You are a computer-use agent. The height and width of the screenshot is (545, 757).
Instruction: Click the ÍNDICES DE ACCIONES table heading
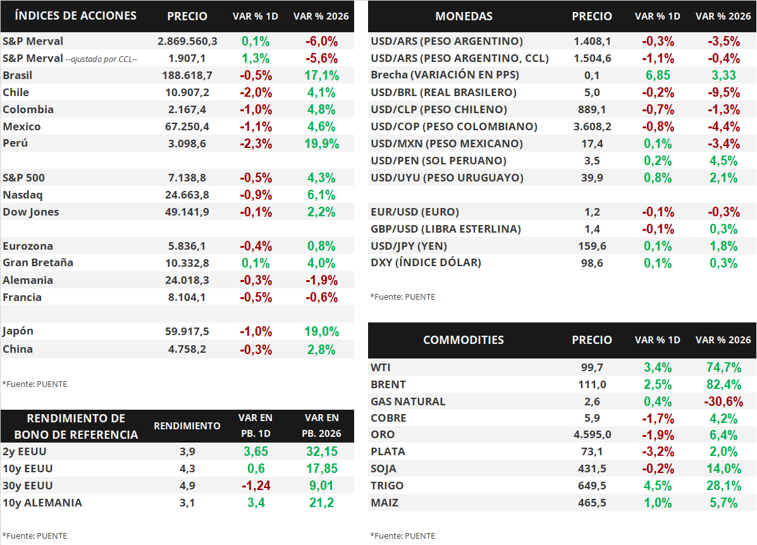pos(75,16)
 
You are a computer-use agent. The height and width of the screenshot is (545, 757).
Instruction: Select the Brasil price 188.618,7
pos(187,75)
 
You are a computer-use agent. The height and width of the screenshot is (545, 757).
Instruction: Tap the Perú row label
pos(15,144)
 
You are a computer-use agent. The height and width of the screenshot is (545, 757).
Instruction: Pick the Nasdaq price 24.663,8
pos(187,195)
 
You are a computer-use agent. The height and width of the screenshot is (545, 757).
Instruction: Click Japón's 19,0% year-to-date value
pos(321,331)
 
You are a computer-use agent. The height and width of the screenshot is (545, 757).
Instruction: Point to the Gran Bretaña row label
pos(38,262)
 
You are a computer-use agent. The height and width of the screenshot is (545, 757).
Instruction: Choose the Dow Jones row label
pos(31,212)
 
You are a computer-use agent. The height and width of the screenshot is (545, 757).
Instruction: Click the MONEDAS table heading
pos(464,16)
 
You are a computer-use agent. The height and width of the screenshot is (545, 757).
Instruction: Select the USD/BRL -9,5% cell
pos(723,92)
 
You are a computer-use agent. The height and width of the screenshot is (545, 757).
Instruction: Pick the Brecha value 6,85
pos(657,75)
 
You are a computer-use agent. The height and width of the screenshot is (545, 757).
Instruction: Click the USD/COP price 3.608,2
pos(592,126)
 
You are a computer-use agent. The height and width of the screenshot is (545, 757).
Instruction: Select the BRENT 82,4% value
pos(723,384)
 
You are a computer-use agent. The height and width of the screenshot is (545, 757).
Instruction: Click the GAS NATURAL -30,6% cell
pos(723,401)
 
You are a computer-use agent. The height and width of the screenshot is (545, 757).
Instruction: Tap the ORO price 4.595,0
pos(592,434)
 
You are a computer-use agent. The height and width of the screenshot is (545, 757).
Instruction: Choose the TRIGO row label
pos(387,486)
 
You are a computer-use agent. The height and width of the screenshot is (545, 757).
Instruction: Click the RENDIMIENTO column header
pos(187,426)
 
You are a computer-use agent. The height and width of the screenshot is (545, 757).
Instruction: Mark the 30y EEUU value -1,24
pos(256,486)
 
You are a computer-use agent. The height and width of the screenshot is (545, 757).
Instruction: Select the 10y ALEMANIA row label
pos(42,503)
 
